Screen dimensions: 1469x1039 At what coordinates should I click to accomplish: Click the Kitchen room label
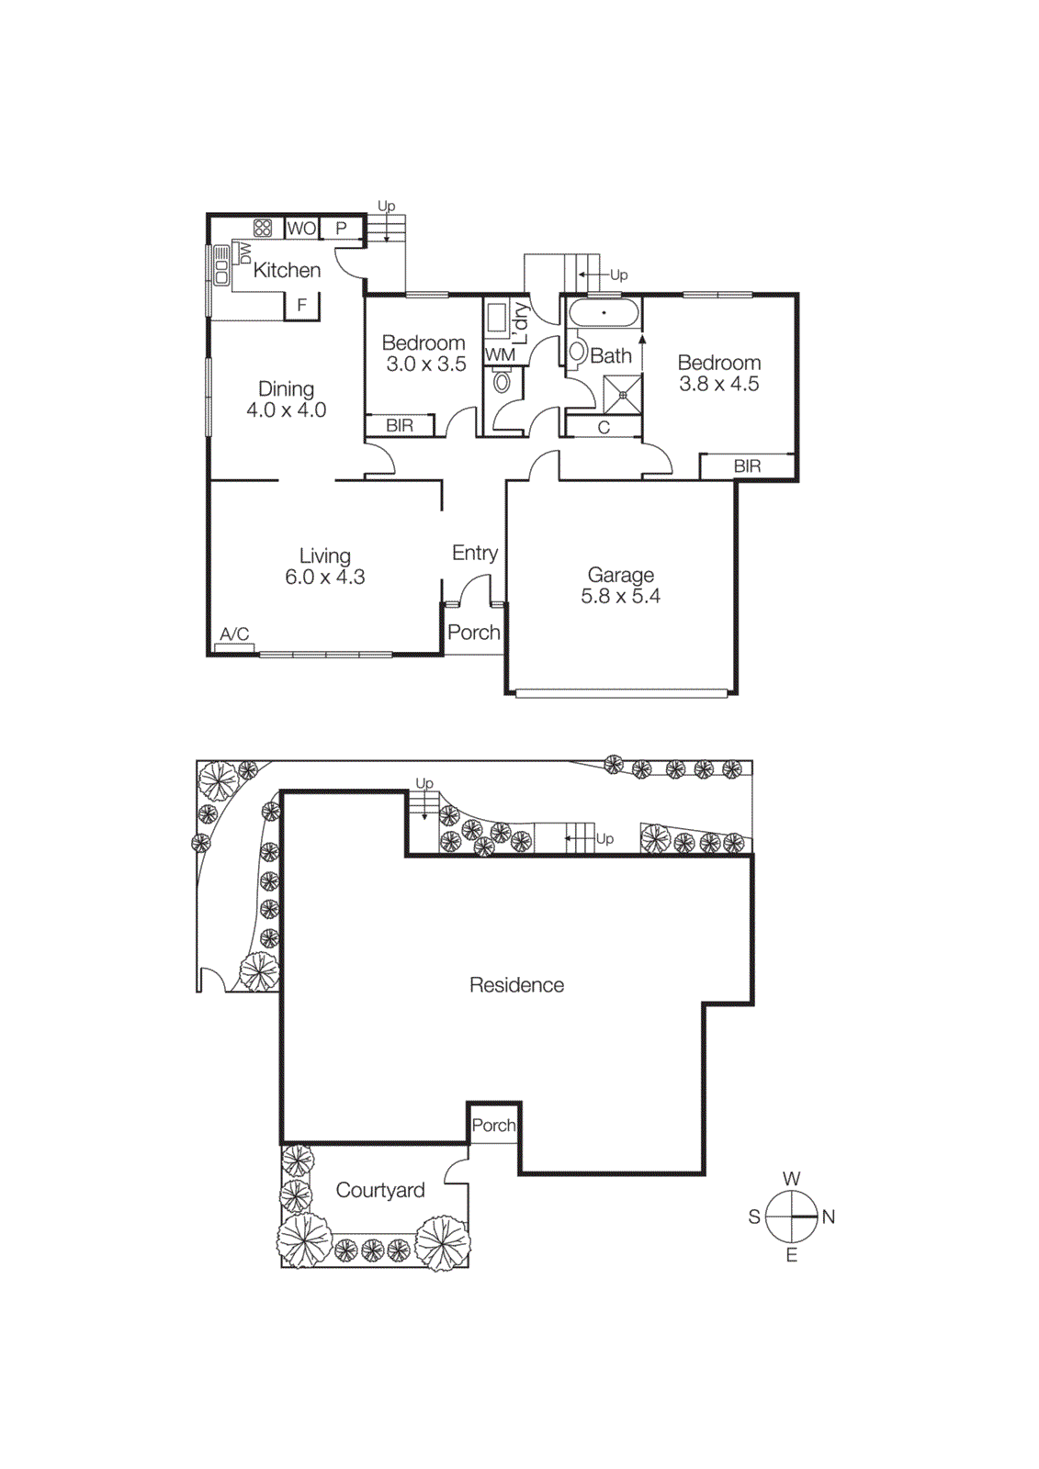click(x=287, y=270)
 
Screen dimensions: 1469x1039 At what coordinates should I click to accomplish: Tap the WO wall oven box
click(x=301, y=228)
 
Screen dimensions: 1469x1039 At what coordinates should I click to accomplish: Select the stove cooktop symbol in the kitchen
click(x=263, y=228)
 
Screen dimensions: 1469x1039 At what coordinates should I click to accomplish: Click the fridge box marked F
click(x=301, y=306)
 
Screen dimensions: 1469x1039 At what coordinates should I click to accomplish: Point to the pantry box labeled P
click(x=341, y=228)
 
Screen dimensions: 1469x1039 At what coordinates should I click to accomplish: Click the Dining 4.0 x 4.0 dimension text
click(x=287, y=410)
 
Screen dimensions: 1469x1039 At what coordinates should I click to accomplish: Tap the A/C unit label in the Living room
click(x=234, y=634)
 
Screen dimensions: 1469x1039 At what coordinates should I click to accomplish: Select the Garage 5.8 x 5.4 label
click(x=621, y=586)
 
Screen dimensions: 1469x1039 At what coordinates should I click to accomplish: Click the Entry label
click(x=475, y=553)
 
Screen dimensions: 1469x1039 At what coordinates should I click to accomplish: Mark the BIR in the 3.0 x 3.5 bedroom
click(x=400, y=426)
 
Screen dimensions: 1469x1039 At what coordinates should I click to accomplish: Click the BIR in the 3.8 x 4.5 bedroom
click(x=747, y=466)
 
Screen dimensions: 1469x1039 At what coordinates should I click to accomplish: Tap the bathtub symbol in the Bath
click(x=604, y=313)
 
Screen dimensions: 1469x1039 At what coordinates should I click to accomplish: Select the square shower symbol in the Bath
click(x=623, y=395)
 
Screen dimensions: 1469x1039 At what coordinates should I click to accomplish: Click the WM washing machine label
click(x=501, y=354)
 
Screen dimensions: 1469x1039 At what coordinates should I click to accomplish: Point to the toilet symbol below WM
click(x=503, y=381)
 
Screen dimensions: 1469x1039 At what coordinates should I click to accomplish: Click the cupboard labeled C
click(x=604, y=427)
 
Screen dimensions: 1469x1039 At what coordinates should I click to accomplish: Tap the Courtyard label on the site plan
click(x=380, y=1190)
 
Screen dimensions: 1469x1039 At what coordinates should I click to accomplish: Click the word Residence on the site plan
click(x=516, y=985)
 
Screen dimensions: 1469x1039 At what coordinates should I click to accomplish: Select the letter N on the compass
click(x=829, y=1217)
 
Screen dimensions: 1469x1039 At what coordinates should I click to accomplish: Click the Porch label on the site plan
click(x=493, y=1126)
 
